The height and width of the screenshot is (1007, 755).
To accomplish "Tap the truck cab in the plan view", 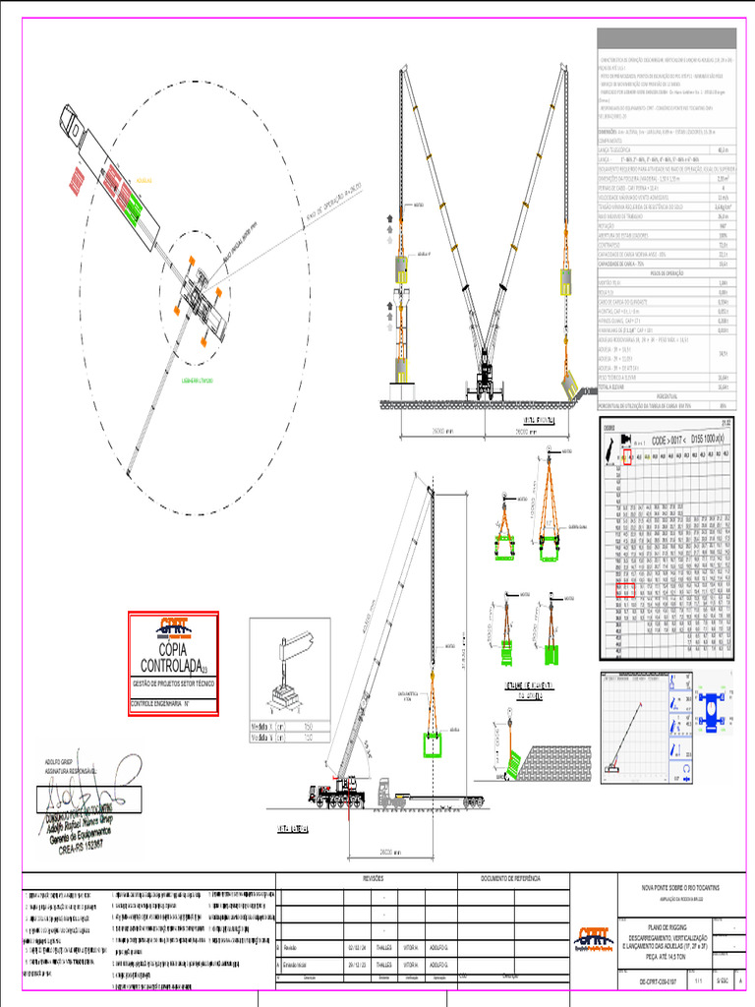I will tap(72, 123).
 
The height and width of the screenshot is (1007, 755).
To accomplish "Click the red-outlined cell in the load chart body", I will tap(623, 590).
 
